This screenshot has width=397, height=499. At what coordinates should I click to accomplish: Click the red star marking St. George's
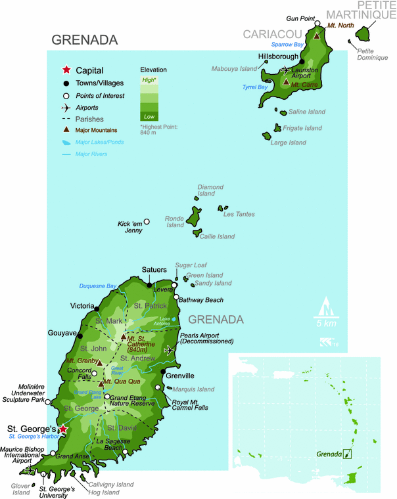pos(63,429)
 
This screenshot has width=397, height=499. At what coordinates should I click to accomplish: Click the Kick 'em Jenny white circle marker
pos(147,222)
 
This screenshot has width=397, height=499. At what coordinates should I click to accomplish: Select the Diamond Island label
pos(210,190)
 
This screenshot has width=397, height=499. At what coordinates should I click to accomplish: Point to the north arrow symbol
pos(325,307)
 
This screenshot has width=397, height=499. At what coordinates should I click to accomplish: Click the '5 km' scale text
pos(325,324)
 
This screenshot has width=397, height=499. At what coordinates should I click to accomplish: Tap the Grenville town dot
pos(163,372)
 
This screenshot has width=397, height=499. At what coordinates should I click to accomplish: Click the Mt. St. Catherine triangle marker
pos(123,337)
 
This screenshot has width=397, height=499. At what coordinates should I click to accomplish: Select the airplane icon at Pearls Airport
pos(170,350)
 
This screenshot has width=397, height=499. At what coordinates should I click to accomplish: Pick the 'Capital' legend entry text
pos(89,70)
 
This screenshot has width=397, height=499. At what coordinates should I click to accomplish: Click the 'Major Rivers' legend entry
pos(91,154)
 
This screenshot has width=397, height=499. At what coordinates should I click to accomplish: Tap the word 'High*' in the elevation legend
pos(149,79)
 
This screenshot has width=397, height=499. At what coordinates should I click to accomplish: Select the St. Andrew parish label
pos(142,358)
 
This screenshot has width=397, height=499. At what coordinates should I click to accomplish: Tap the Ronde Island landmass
pos(195,215)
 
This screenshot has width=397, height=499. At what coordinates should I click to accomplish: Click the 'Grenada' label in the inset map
pos(329,454)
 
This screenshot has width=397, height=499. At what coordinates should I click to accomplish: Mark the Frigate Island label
pos(302,128)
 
